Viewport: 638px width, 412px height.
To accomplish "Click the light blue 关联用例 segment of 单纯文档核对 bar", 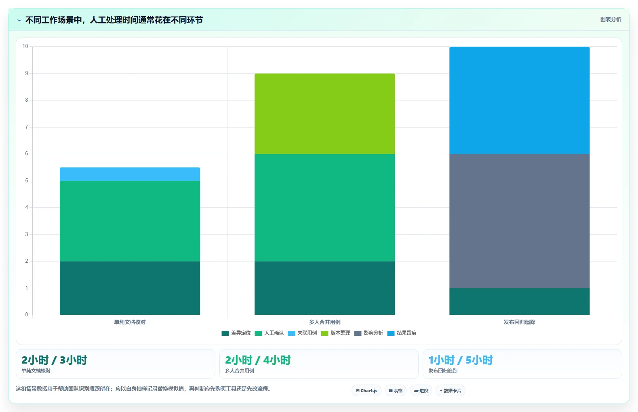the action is click(130, 174).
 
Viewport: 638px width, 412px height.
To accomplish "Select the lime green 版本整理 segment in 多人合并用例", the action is click(325, 114).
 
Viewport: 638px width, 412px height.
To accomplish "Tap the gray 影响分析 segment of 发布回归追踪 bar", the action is click(520, 221).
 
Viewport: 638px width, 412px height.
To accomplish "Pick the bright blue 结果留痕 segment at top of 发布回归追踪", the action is click(520, 100).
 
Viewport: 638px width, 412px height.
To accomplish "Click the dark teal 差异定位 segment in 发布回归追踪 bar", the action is click(520, 301).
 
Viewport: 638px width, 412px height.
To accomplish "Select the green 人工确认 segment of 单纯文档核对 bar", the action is click(130, 221).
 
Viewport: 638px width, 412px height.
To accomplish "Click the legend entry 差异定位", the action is click(236, 333).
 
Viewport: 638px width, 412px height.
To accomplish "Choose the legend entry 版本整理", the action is click(335, 333).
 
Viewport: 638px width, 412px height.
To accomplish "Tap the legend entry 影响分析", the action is click(368, 333).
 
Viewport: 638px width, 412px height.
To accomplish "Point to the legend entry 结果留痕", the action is click(402, 333).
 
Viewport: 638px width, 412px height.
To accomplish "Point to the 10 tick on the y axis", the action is click(25, 46).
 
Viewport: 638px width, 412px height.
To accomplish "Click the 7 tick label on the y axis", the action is click(27, 127).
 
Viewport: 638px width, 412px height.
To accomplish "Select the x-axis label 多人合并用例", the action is click(325, 322).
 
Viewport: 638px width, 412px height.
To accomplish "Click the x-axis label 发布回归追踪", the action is click(520, 322).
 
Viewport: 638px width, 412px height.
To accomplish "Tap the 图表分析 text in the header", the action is click(611, 20).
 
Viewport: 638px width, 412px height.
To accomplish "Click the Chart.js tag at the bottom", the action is click(366, 391).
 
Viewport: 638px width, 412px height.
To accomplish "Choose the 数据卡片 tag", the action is click(450, 391).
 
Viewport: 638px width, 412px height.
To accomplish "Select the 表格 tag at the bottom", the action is click(396, 391).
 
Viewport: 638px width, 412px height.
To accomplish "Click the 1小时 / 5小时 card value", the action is click(461, 360).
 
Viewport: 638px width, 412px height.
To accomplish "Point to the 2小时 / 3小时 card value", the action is click(54, 360).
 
